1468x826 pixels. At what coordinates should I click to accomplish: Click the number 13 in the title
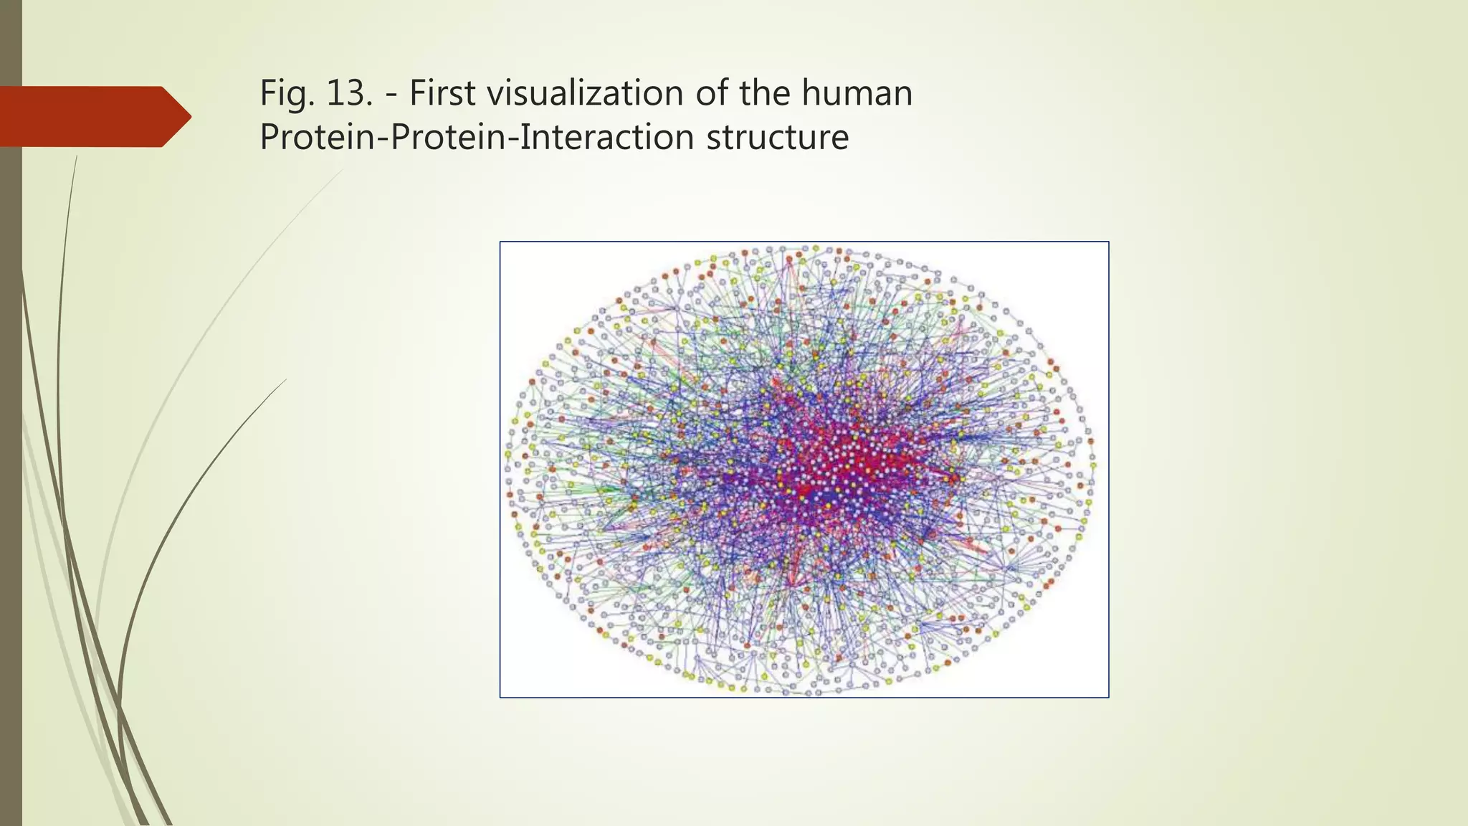point(345,94)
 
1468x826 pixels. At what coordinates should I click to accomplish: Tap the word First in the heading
point(442,94)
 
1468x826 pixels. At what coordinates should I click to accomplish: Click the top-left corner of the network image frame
point(500,242)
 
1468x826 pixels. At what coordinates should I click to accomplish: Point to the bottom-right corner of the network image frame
point(1108,697)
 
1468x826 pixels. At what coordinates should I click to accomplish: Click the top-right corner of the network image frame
point(1108,242)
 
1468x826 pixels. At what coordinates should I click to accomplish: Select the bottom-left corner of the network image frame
point(500,697)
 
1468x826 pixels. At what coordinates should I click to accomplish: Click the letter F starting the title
point(267,94)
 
